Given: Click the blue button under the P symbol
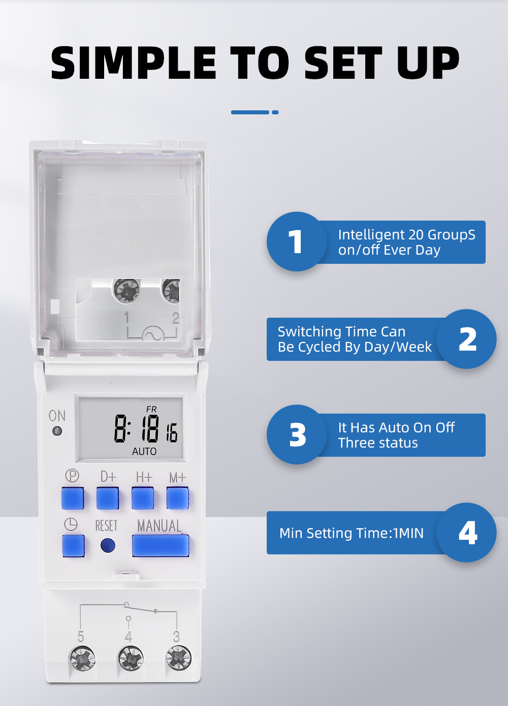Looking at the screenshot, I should pos(73,498).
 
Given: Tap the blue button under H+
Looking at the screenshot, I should pos(143,498).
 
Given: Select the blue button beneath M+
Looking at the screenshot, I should pos(177,498).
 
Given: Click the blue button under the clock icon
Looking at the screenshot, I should pos(73,545).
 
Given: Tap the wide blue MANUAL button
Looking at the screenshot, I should pos(161,545).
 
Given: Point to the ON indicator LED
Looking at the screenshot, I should pos(57,431).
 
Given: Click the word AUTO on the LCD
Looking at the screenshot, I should pos(144,451).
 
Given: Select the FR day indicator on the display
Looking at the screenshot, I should pos(151,409).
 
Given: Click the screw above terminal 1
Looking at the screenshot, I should pos(126,290).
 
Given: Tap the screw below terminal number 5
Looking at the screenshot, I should pos(82,659).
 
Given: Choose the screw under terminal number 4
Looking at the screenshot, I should pos(131,659).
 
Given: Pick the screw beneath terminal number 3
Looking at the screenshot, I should pos(179,658).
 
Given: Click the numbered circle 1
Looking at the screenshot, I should pos(297,241).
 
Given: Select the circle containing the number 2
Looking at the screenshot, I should pos(467,339).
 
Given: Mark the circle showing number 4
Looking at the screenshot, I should pos(467,532).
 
